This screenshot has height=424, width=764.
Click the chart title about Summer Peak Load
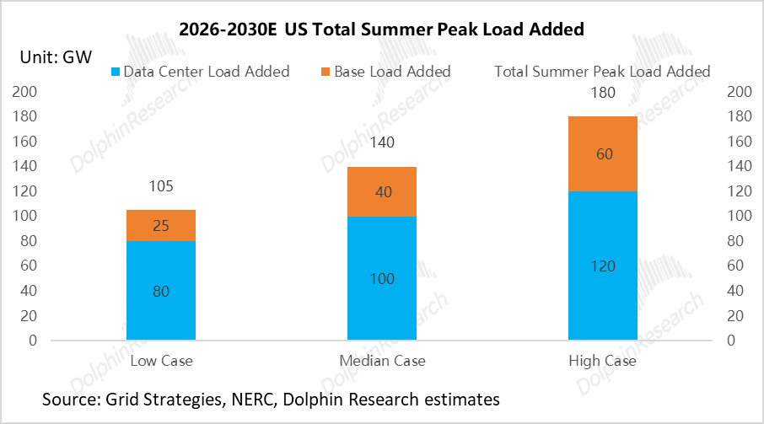(x=381, y=30)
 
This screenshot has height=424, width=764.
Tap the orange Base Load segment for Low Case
(x=161, y=225)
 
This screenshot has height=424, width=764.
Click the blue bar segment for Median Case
(x=382, y=279)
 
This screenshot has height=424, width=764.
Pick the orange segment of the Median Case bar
(x=382, y=191)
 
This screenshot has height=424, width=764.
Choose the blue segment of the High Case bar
(x=602, y=266)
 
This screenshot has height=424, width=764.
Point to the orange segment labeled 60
(x=602, y=153)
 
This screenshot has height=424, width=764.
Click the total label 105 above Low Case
(x=161, y=186)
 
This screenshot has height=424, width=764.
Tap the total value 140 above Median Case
(x=382, y=143)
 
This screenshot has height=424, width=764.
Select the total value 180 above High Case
(x=602, y=93)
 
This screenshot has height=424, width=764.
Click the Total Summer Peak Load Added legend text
(x=602, y=72)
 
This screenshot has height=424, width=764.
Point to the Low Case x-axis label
(x=161, y=361)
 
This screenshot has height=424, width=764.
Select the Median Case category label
(x=382, y=361)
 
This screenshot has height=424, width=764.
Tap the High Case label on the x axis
(x=602, y=361)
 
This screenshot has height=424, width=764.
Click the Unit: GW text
(x=56, y=57)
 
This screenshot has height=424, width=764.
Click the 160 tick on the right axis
(x=738, y=141)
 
